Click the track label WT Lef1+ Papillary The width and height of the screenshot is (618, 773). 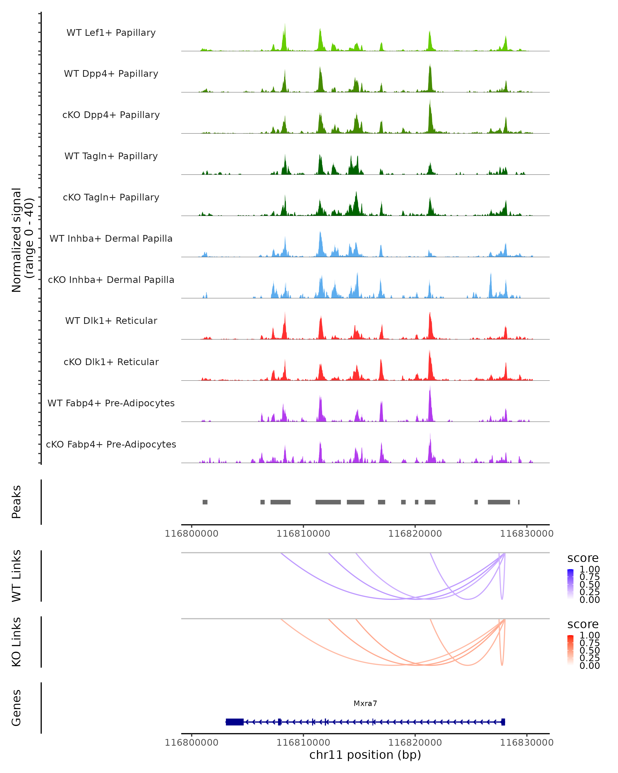[111, 33]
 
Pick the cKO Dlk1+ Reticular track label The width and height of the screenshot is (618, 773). [111, 362]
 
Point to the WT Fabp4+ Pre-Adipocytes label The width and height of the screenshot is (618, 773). [111, 403]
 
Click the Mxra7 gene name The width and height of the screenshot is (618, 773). [365, 703]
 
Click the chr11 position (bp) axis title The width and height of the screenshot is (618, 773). [365, 755]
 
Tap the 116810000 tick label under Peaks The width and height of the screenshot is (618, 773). [303, 534]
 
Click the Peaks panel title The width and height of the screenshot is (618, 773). [16, 502]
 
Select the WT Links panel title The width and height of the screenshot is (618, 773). [16, 576]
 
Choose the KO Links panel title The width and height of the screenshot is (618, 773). [16, 642]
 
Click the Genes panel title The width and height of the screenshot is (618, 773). [16, 708]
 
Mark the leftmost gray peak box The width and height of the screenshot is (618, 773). [205, 502]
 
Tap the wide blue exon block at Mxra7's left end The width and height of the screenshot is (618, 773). [235, 722]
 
